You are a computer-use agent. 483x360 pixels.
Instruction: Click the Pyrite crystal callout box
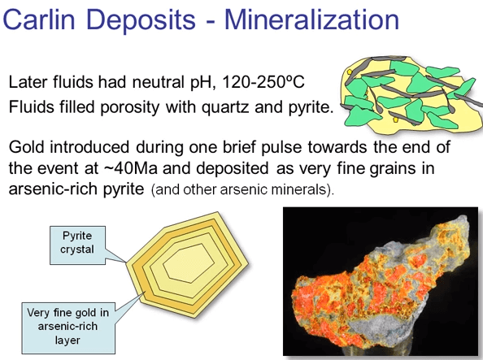pyautogui.click(x=77, y=241)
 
